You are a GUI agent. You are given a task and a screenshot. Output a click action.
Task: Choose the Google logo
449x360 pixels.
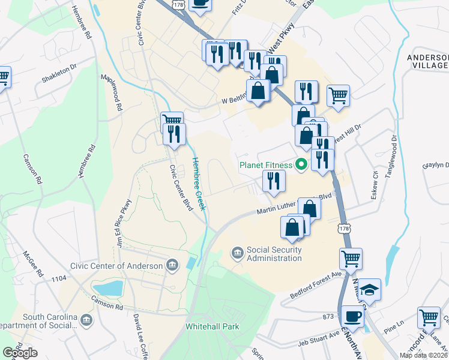click(20, 352)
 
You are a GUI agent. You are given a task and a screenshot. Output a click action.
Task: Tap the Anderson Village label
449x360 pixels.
click(428, 61)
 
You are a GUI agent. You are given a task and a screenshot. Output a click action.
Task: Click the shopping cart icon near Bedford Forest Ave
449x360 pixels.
click(351, 259)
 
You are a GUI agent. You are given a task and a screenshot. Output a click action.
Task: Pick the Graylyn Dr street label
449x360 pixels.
click(436, 166)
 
